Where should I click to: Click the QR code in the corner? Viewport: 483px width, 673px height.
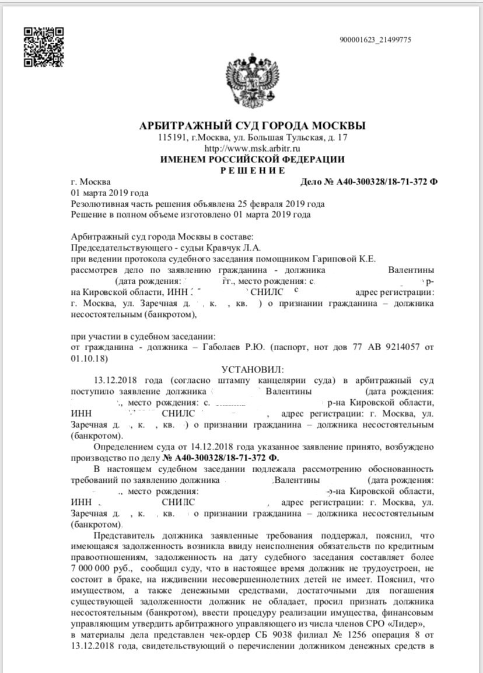43,47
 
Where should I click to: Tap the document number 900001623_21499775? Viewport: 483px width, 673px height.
375,40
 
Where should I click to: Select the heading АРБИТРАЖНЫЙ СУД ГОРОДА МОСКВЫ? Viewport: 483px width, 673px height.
253,126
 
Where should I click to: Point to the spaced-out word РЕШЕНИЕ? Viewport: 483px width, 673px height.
253,170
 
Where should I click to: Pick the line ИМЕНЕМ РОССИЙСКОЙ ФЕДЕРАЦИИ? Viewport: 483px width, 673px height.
253,159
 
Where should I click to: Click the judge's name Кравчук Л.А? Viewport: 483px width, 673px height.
192,247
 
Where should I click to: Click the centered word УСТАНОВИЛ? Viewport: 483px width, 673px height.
251,369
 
